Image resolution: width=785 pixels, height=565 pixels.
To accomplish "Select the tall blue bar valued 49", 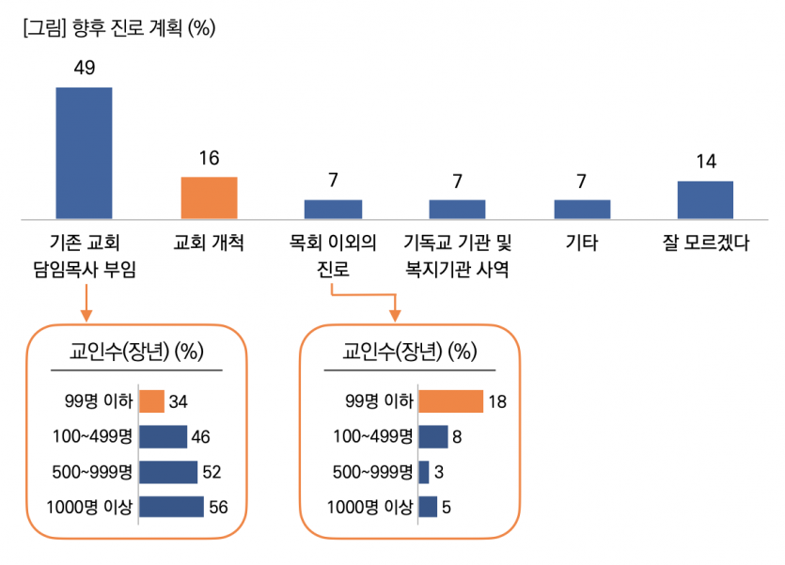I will coord(84,152).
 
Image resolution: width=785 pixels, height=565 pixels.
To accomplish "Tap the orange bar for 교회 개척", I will coord(209,197).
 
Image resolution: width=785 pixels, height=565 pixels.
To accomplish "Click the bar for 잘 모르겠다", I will coord(705,199).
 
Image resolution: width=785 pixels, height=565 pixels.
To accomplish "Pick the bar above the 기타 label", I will coord(582,209).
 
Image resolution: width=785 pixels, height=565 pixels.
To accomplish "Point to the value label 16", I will coord(209,159).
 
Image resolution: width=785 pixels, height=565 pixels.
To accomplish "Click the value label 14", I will coord(706,162).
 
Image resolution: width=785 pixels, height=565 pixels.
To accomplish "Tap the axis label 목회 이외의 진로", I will coord(334,257).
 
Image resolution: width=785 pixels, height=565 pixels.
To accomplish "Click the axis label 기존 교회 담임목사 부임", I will coord(85,257).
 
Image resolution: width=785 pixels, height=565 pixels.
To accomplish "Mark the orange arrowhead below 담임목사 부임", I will coord(85,313).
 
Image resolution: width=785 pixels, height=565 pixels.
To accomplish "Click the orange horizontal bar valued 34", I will coord(151,401).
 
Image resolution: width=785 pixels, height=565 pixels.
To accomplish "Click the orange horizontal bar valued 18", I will coord(450,401).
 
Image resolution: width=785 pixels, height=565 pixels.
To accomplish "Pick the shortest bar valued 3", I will coord(424,472).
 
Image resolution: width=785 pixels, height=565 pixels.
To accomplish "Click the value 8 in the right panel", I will coord(457,437).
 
